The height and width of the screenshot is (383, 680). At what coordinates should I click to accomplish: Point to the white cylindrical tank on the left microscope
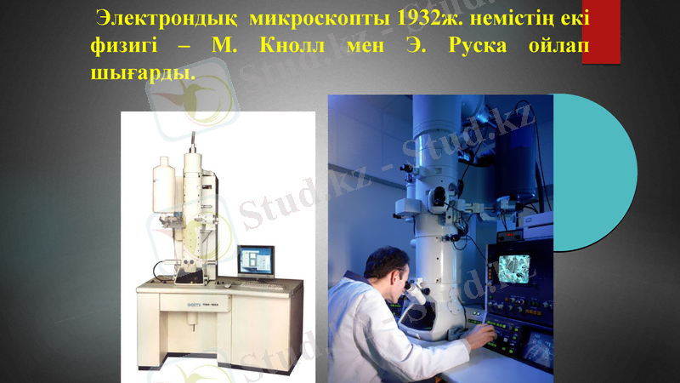tap(164, 188)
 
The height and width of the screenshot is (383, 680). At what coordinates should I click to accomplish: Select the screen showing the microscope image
tap(513, 270)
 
